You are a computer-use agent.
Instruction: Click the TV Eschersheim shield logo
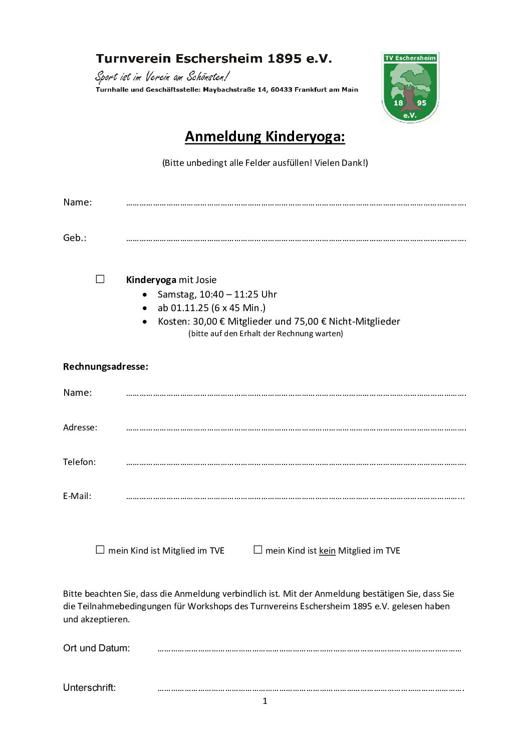pyautogui.click(x=410, y=87)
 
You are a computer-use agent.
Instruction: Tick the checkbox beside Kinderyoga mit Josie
pyautogui.click(x=100, y=279)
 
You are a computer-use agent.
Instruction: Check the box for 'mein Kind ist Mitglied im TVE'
pyautogui.click(x=100, y=550)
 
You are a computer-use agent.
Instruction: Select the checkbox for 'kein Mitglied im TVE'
pyautogui.click(x=258, y=550)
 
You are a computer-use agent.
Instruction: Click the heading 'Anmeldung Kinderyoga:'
pyautogui.click(x=264, y=136)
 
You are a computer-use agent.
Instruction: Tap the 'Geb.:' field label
pyautogui.click(x=75, y=238)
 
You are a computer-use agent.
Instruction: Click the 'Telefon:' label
pyautogui.click(x=79, y=462)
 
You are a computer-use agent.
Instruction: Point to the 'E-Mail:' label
pyautogui.click(x=77, y=496)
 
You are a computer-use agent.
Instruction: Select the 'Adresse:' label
pyautogui.click(x=80, y=427)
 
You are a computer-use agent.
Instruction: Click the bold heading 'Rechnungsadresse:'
pyautogui.click(x=106, y=367)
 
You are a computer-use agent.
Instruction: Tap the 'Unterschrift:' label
pyautogui.click(x=89, y=688)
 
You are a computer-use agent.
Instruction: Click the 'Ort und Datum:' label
pyautogui.click(x=96, y=648)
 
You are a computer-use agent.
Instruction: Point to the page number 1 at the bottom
pyautogui.click(x=265, y=701)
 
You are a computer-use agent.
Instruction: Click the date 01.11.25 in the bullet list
pyautogui.click(x=190, y=308)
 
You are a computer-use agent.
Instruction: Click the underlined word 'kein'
pyautogui.click(x=327, y=551)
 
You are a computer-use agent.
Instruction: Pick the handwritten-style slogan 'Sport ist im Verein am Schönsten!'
pyautogui.click(x=162, y=77)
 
